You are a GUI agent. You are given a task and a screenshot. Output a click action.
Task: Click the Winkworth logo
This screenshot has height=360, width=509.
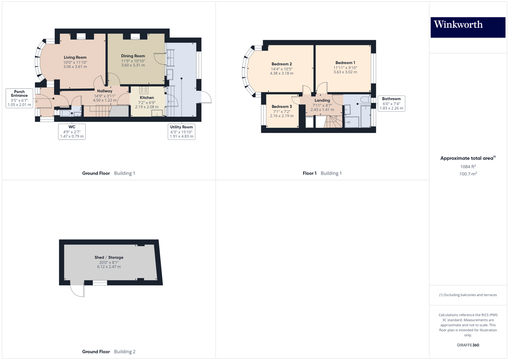(x=468, y=27)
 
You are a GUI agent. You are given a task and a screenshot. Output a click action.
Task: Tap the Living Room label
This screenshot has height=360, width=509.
(x=75, y=57)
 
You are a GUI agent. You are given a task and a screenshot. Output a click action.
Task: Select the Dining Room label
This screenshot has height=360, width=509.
(x=133, y=56)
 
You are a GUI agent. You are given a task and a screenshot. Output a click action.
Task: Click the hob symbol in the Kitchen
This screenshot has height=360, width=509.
(x=144, y=90)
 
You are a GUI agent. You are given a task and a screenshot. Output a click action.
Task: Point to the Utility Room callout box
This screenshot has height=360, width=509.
(x=181, y=132)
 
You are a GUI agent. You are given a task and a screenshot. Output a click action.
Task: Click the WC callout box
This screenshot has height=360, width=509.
(x=72, y=132)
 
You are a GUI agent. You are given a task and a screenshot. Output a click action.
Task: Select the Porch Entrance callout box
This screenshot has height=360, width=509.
(x=19, y=98)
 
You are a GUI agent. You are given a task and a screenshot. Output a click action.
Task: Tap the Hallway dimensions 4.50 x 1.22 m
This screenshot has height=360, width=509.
(x=105, y=100)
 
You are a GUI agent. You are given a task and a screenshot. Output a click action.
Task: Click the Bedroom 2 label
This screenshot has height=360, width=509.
(x=282, y=64)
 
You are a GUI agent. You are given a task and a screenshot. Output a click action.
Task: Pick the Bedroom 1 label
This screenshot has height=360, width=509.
(x=345, y=63)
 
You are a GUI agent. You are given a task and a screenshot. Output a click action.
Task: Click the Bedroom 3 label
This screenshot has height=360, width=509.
(x=282, y=107)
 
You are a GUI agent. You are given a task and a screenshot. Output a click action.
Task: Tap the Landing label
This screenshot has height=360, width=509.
(x=322, y=100)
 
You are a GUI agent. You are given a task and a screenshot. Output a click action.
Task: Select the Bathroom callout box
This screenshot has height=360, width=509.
(x=391, y=104)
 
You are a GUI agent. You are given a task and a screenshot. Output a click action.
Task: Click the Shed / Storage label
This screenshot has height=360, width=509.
(x=109, y=257)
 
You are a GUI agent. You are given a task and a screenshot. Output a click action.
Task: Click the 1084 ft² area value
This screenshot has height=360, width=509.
(x=468, y=167)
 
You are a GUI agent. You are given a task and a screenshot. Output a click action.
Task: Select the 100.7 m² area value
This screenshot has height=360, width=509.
(x=468, y=174)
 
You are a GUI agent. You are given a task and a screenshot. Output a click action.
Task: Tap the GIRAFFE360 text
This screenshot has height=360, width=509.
(x=468, y=345)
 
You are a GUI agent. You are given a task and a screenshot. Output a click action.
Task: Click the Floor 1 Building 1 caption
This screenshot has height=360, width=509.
(x=322, y=173)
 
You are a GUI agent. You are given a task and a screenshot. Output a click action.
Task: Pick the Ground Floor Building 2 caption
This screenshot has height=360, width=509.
(x=108, y=352)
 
